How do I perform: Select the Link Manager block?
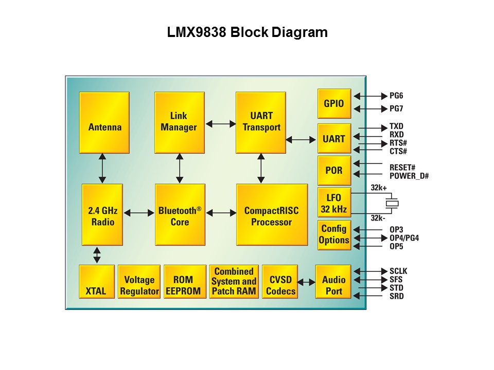tap(179, 122)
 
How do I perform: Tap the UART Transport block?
tap(261, 122)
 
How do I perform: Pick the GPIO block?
tap(334, 104)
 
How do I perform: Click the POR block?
tap(334, 170)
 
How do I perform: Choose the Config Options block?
tap(334, 235)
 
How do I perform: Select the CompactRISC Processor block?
tap(272, 215)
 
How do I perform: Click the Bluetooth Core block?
tap(180, 215)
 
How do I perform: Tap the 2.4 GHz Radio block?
tap(102, 215)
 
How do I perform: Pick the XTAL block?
tap(96, 282)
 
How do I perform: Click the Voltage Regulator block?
tap(139, 282)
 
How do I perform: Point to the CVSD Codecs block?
tap(280, 282)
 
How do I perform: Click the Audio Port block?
tap(333, 282)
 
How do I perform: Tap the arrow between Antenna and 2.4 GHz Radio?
tap(102, 169)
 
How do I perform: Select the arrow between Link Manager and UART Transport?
tap(220, 123)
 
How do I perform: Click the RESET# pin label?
tap(402, 168)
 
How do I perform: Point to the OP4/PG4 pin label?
tap(404, 238)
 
